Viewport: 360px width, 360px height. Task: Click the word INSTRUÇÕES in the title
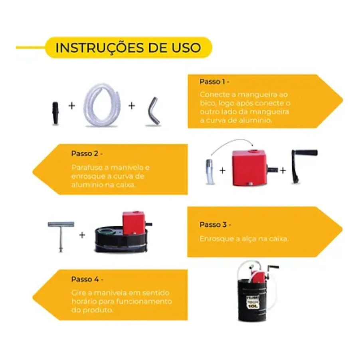pyautogui.click(x=100, y=48)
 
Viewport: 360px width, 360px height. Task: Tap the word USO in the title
pyautogui.click(x=187, y=47)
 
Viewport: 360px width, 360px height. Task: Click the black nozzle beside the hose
pyautogui.click(x=55, y=113)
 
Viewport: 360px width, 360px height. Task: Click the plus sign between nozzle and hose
pyautogui.click(x=72, y=106)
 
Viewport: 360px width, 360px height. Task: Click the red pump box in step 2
pyautogui.click(x=249, y=168)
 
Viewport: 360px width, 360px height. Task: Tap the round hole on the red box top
pyautogui.click(x=254, y=151)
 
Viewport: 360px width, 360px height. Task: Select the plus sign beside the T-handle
pyautogui.click(x=82, y=235)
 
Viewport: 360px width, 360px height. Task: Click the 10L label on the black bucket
pyautogui.click(x=253, y=306)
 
